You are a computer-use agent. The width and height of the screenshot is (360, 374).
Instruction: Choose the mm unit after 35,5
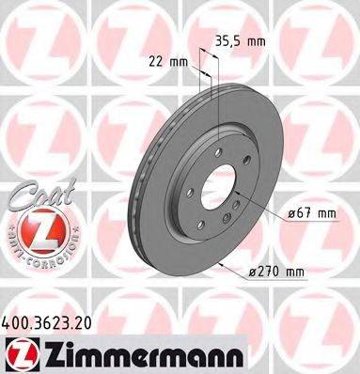(281, 41)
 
